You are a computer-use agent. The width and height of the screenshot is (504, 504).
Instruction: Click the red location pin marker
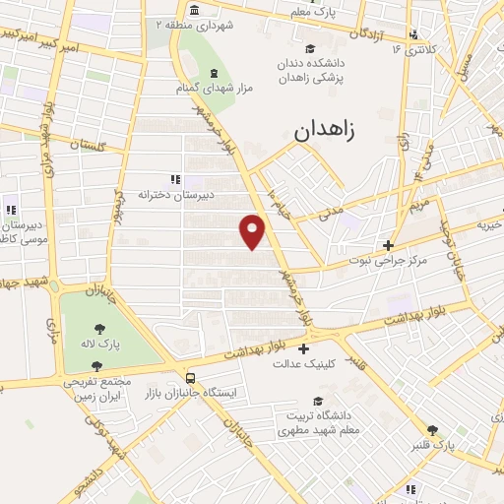[x=254, y=230]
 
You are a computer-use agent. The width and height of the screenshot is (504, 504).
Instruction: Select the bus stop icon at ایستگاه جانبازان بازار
[x=189, y=377]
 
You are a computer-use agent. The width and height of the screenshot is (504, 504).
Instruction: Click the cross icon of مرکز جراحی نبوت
[x=389, y=246]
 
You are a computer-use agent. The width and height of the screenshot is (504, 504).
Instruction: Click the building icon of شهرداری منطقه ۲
[x=191, y=12]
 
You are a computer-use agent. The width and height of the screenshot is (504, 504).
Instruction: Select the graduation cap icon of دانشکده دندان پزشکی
[x=310, y=49]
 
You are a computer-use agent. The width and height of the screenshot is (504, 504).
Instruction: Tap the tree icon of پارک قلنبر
[x=431, y=429]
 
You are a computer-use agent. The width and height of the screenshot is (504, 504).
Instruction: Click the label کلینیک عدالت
[x=303, y=363]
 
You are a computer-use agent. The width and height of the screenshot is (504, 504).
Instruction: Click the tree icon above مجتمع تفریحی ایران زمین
[x=95, y=366]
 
